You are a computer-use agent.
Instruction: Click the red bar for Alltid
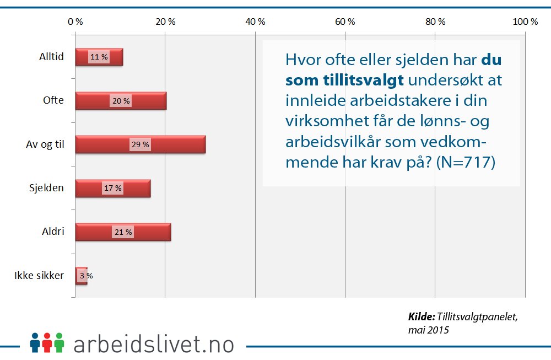[x=99, y=57]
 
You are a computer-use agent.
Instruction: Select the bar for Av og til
[x=140, y=144]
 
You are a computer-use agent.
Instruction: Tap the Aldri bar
[x=123, y=232]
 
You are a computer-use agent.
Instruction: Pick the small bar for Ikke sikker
[x=81, y=276]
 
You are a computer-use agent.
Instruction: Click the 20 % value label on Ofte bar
[x=121, y=101]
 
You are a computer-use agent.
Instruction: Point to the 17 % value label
[x=113, y=188]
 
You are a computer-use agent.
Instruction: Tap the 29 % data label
[x=140, y=144]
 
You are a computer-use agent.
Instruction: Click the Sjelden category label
[x=46, y=188]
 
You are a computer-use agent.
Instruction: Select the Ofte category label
[x=53, y=100]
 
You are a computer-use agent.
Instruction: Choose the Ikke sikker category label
[x=39, y=276]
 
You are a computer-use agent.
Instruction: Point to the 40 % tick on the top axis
[x=255, y=22]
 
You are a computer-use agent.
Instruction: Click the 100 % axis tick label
[x=525, y=22]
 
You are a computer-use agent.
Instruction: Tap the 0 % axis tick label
[x=75, y=22]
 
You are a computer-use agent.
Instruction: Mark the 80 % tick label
[x=435, y=22]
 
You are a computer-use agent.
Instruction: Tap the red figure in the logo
[x=47, y=342]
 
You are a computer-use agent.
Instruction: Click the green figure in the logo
[x=59, y=342]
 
